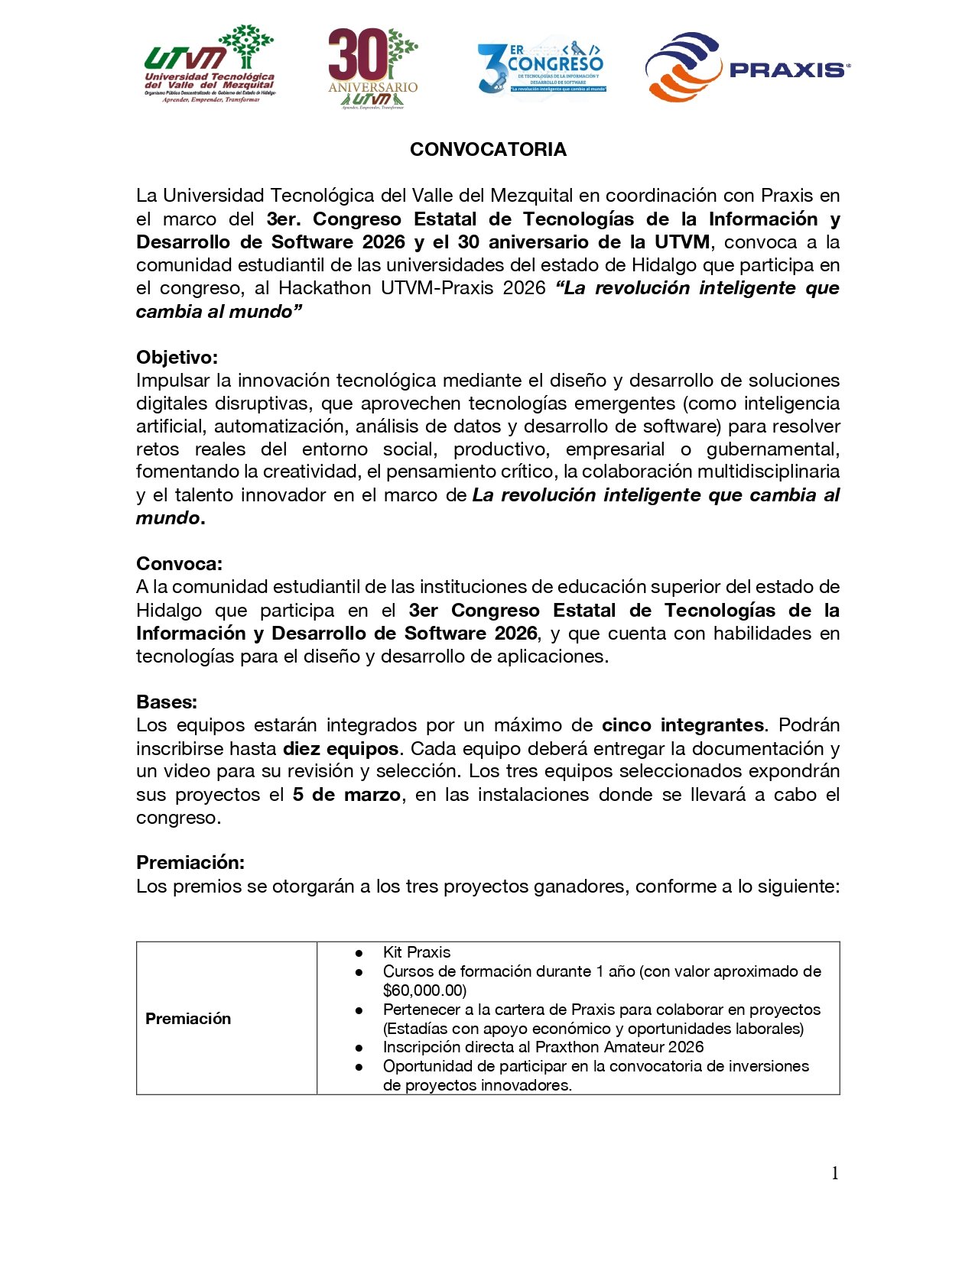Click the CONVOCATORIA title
click(x=488, y=150)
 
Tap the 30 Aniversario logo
click(x=373, y=69)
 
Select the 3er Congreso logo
click(x=541, y=67)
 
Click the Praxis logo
click(x=746, y=67)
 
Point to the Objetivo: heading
click(x=177, y=358)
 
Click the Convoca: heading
click(x=179, y=564)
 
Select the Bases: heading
click(x=167, y=702)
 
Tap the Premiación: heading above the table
click(x=190, y=863)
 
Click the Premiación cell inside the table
click(x=188, y=1019)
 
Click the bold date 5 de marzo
click(x=346, y=795)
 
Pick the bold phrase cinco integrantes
click(x=683, y=725)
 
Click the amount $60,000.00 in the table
click(x=424, y=990)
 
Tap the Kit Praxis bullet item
click(x=417, y=952)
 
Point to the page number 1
click(x=835, y=1173)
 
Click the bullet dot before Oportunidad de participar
click(x=358, y=1067)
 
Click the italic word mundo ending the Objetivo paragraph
click(x=167, y=518)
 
